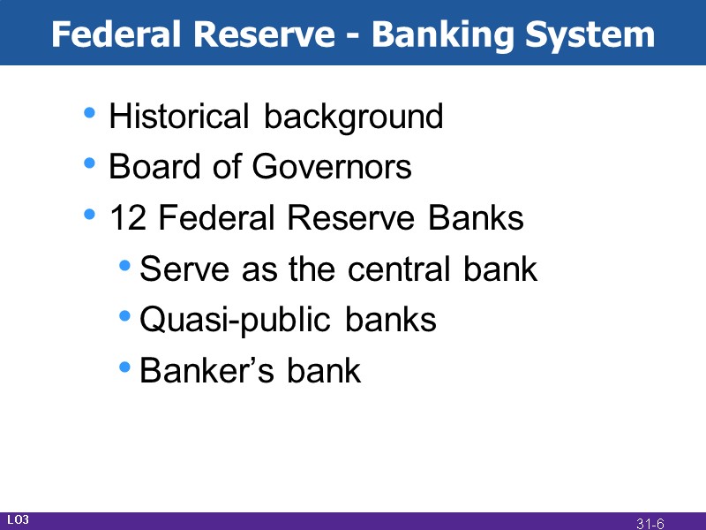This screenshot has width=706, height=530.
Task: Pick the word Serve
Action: coord(176,269)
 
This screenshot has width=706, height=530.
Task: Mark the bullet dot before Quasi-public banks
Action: coord(126,316)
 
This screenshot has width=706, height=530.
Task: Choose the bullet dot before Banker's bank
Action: coord(126,367)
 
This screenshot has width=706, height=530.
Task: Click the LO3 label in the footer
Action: coord(18,520)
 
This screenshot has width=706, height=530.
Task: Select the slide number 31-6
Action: coord(650,524)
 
